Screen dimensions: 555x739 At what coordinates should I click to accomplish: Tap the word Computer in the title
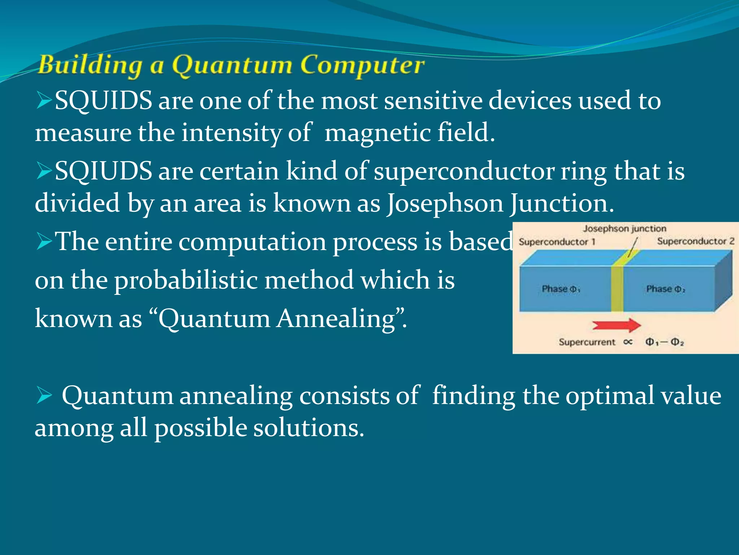coord(362,66)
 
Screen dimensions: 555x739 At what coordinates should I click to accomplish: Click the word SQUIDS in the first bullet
coord(104,100)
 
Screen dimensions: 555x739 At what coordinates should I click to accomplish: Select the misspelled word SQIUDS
coord(104,171)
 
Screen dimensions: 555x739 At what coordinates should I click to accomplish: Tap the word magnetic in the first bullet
coord(377,133)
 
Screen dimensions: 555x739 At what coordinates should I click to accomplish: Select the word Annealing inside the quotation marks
coord(336,319)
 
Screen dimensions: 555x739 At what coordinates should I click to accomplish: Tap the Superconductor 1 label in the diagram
coord(557,242)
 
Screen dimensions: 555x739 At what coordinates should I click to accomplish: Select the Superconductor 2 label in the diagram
coord(695,241)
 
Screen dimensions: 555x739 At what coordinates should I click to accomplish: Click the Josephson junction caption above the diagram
coord(625,228)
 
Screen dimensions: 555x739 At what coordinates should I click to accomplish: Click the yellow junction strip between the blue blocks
coord(617,289)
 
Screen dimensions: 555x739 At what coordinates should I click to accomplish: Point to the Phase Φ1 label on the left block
coord(561,289)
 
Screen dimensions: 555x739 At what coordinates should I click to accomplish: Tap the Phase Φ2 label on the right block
coord(665,289)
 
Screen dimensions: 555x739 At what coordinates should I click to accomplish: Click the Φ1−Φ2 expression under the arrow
coord(664,342)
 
